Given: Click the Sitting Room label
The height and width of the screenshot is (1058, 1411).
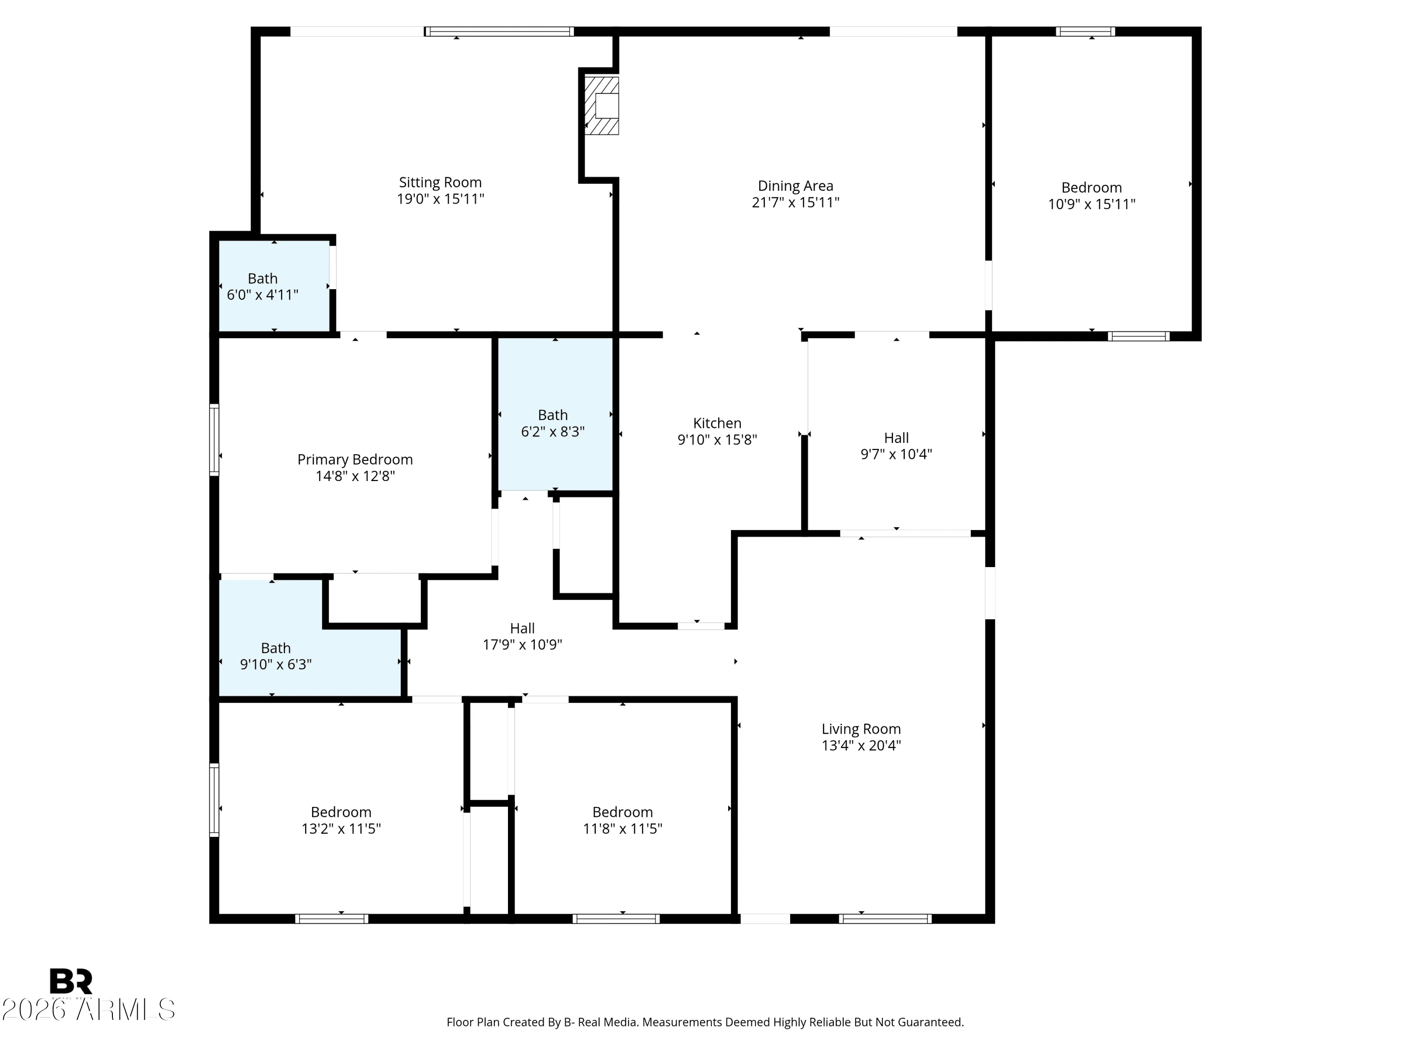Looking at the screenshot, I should point(440,182).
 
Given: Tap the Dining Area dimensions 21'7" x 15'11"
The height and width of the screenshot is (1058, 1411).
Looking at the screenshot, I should point(795,203).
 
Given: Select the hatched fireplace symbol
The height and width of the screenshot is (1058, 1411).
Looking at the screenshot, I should point(602,106).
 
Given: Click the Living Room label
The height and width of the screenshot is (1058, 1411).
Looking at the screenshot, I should point(861,729).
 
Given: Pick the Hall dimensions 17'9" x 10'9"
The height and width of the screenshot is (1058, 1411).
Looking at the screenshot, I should point(522,645).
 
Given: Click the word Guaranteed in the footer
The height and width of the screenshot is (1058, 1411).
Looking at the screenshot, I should point(932,1022).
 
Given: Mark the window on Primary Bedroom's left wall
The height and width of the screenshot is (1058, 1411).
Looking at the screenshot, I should point(214,440).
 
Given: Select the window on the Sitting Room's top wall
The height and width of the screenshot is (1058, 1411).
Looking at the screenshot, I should point(499,31).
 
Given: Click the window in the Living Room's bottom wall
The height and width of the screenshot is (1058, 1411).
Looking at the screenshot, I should point(885,919).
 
